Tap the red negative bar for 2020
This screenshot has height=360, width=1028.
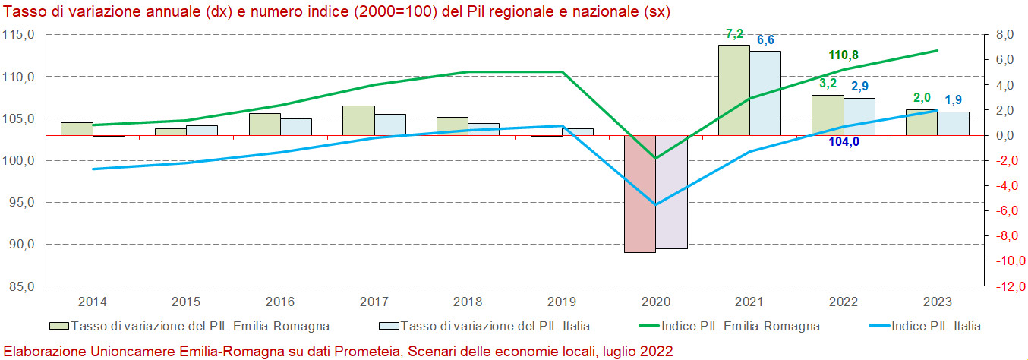pyautogui.click(x=640, y=194)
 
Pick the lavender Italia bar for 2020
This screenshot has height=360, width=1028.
pyautogui.click(x=671, y=192)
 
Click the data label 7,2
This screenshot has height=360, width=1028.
pyautogui.click(x=734, y=34)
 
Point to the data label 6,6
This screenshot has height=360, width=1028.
pyautogui.click(x=765, y=39)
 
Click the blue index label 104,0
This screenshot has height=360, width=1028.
pyautogui.click(x=844, y=141)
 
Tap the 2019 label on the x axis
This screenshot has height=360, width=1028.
pyautogui.click(x=562, y=302)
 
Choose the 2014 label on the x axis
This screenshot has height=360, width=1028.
pyautogui.click(x=93, y=302)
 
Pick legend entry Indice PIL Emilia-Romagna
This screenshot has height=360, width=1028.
pyautogui.click(x=740, y=327)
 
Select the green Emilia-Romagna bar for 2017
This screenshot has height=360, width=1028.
pyautogui.click(x=358, y=121)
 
